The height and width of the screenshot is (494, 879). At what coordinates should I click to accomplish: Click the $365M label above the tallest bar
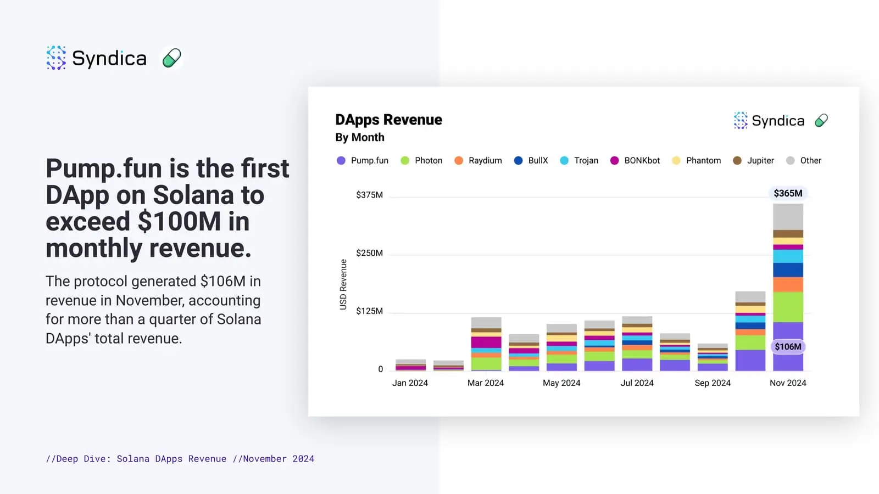(788, 193)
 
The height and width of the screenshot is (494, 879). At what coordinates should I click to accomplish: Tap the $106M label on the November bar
(788, 346)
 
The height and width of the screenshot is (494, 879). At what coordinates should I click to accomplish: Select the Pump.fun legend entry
(363, 160)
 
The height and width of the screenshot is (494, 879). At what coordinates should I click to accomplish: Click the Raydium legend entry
(479, 160)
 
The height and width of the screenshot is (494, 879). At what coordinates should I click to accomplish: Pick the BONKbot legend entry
(635, 160)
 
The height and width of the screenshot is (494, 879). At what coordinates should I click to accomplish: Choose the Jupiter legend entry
(754, 160)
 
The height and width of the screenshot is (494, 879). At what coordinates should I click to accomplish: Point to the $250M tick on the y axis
(369, 253)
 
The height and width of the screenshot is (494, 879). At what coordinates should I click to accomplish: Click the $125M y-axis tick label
(369, 311)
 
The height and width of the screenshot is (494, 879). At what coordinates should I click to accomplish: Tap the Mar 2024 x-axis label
(486, 383)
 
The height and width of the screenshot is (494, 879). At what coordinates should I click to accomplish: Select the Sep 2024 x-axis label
(713, 383)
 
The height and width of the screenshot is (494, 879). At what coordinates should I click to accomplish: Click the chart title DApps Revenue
(388, 120)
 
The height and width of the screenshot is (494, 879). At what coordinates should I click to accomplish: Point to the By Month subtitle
(360, 137)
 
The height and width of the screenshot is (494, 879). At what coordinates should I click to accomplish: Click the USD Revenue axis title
(343, 284)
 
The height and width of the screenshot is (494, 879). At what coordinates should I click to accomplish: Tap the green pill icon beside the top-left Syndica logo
(171, 58)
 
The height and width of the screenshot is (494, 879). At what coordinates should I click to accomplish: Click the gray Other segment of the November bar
(788, 217)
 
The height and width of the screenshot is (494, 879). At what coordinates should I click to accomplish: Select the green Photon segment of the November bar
(788, 307)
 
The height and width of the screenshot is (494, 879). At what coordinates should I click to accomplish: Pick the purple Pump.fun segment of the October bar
(750, 360)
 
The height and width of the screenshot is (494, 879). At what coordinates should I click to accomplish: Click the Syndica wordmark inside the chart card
(777, 121)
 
